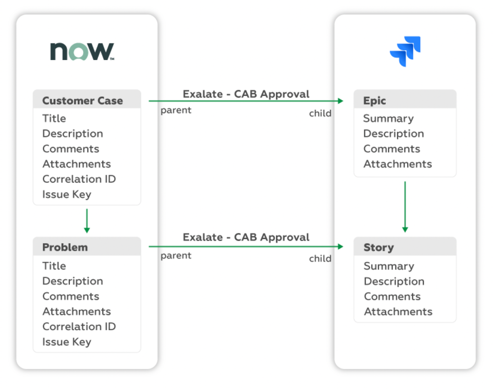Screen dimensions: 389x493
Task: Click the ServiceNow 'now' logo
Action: click(x=82, y=51)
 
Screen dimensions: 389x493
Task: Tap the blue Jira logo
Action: click(x=405, y=51)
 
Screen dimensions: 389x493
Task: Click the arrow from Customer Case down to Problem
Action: click(x=87, y=220)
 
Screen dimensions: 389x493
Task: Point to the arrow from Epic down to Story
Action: click(x=405, y=207)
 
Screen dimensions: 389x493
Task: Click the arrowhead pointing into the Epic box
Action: click(x=340, y=101)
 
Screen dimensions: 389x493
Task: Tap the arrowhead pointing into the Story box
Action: click(x=340, y=246)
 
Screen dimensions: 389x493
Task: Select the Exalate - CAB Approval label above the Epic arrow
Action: click(x=246, y=94)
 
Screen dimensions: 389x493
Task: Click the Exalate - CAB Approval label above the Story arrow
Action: click(x=246, y=237)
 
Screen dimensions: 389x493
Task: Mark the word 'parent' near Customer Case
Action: click(x=176, y=110)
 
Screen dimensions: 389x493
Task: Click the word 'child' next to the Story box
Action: click(x=320, y=259)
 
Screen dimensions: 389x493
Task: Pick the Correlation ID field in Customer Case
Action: click(x=79, y=179)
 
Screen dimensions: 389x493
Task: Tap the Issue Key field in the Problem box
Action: click(x=67, y=342)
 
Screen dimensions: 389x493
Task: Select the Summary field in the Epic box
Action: click(x=388, y=118)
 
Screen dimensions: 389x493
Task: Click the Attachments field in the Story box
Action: click(x=398, y=312)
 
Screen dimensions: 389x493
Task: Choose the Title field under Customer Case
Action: click(x=54, y=118)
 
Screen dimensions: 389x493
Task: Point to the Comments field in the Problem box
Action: click(x=71, y=296)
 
